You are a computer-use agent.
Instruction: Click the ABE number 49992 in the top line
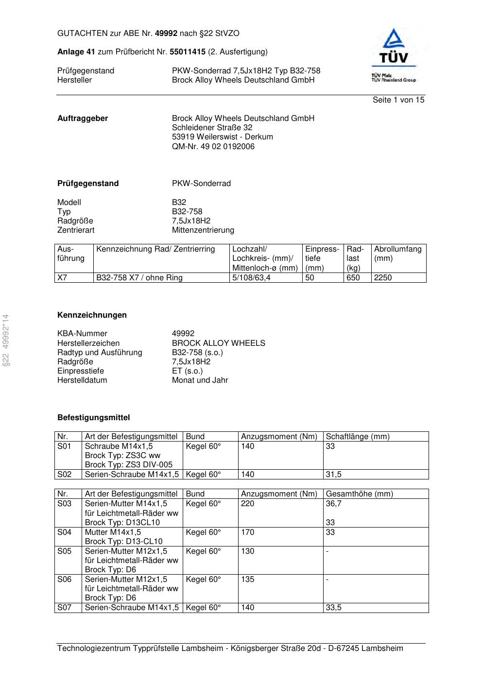(166, 34)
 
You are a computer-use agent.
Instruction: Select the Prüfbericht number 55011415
(187, 52)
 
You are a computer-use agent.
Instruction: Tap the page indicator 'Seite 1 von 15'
(398, 100)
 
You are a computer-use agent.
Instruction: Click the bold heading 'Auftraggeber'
(83, 119)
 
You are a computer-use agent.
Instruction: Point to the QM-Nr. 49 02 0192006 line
(213, 147)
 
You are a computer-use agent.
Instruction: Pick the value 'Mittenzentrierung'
(203, 230)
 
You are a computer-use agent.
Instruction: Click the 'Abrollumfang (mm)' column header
(397, 254)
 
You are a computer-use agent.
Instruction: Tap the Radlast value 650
(353, 278)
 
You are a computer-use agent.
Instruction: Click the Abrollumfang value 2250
(383, 278)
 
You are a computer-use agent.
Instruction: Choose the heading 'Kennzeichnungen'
(92, 315)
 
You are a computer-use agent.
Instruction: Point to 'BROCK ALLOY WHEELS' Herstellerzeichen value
(218, 343)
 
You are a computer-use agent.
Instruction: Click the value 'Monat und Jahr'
(200, 380)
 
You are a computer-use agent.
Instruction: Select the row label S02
(64, 475)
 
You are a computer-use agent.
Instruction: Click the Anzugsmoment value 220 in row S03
(247, 504)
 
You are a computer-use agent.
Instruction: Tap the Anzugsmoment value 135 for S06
(247, 580)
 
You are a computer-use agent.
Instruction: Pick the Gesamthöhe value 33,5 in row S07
(333, 608)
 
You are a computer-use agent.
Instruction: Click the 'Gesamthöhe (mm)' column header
(359, 494)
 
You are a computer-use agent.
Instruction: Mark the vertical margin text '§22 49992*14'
(6, 340)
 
